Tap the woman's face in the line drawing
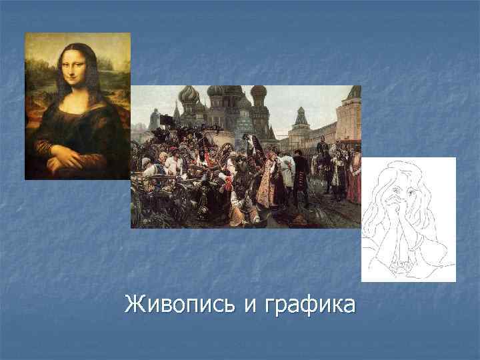[x=401, y=193]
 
